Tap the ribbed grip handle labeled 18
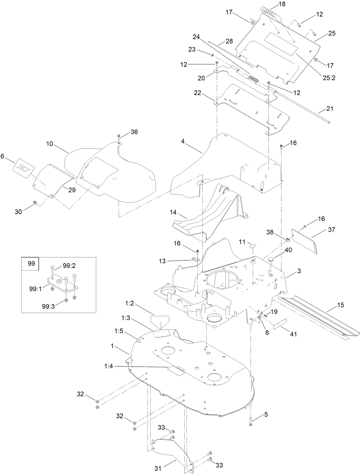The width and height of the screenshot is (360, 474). pos(272,14)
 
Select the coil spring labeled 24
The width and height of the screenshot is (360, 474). pos(254,79)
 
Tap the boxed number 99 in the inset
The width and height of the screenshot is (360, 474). pos(31,264)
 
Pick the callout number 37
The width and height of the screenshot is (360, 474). pos(331,230)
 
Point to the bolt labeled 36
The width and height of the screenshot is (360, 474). pos(119,137)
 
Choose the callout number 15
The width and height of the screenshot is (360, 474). pos(341,305)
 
